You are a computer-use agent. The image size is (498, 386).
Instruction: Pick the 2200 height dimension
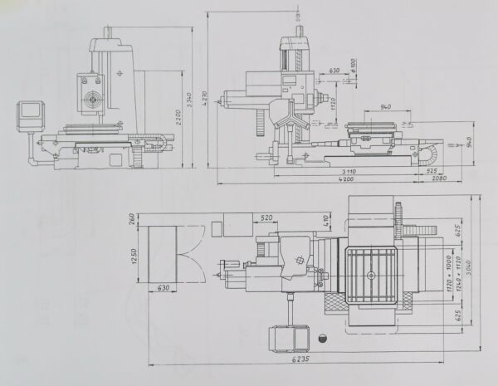tap(178, 120)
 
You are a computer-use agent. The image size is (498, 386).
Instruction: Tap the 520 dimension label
tap(267, 217)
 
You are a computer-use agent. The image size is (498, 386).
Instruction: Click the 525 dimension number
tap(432, 170)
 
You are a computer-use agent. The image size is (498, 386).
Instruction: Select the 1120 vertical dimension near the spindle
tap(332, 103)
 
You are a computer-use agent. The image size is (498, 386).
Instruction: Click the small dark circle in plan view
tap(322, 337)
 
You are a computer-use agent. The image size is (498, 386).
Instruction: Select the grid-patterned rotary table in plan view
tap(371, 274)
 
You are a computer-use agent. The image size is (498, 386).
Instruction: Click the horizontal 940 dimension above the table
tap(383, 108)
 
